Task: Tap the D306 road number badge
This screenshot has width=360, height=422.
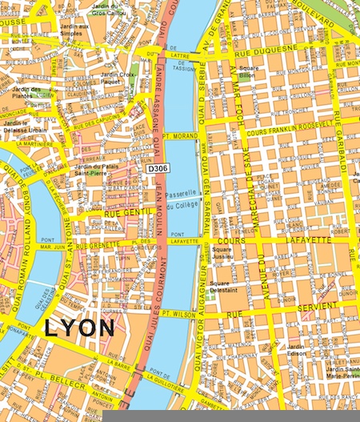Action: click(157, 170)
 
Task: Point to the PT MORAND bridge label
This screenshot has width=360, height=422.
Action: click(181, 137)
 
